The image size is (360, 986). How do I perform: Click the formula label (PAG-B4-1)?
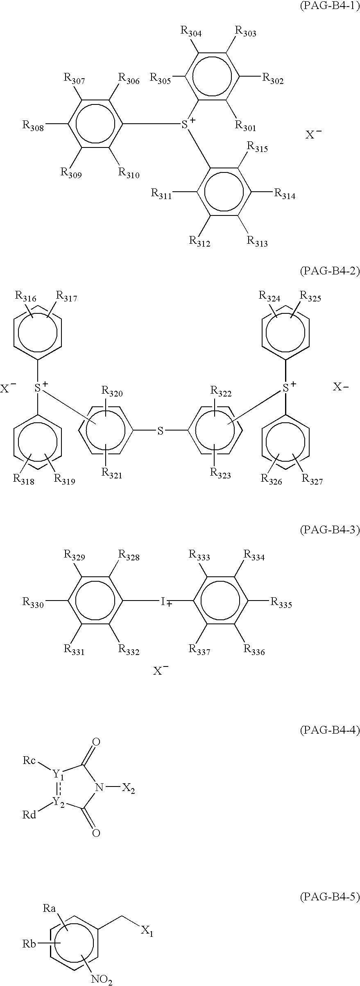pos(330,7)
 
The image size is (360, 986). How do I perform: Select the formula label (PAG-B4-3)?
pos(330,530)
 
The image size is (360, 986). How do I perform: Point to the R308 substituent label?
pos(33,125)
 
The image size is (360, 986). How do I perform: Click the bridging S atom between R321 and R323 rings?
pos(161,431)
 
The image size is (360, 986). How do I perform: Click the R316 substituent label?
pos(25,297)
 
